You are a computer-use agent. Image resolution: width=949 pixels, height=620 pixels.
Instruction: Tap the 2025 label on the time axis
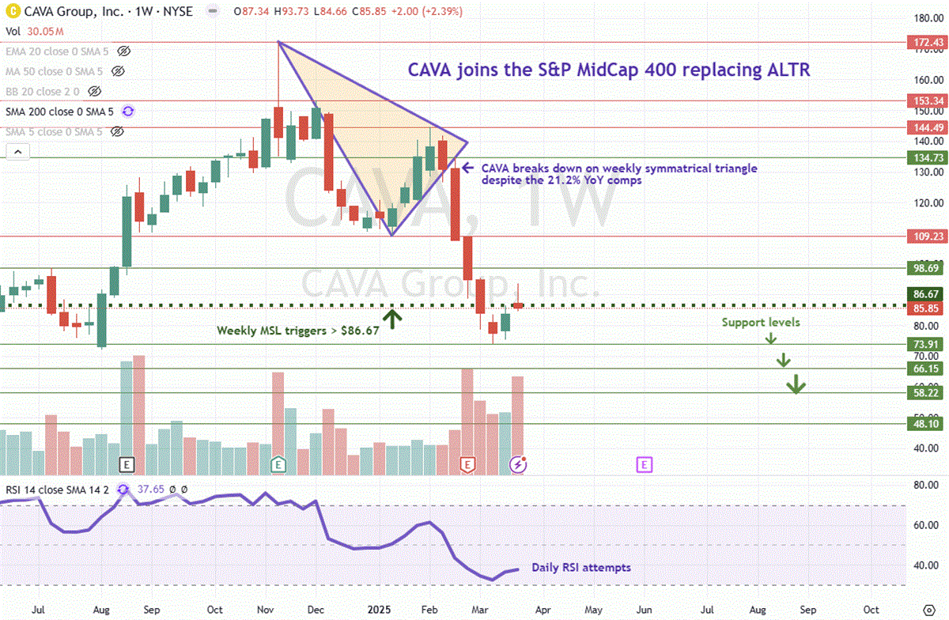tap(376, 610)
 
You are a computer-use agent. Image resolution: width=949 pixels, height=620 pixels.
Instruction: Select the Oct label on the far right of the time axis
tap(871, 610)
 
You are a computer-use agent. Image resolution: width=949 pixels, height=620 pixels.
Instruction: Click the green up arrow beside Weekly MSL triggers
tap(393, 319)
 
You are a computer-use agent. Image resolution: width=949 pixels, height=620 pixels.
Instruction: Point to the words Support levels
tap(760, 323)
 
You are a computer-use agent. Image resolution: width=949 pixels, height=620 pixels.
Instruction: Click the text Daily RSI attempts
tap(581, 567)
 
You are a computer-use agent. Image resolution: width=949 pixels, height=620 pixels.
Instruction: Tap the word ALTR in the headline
tap(788, 70)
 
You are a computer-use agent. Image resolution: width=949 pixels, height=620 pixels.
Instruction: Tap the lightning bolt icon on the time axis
tap(519, 465)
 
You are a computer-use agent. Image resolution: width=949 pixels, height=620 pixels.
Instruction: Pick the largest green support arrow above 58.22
tap(796, 385)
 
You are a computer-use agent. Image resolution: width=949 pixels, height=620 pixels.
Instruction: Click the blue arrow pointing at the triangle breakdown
tap(468, 168)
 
